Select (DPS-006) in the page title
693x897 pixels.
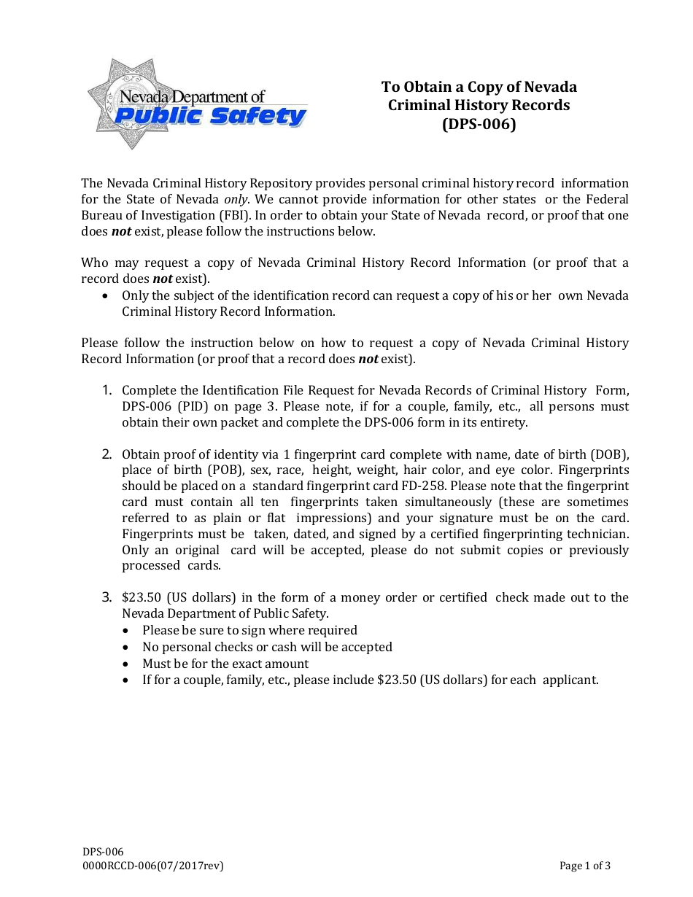(x=479, y=124)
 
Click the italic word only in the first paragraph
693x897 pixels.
(x=236, y=199)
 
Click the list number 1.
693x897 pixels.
(x=107, y=390)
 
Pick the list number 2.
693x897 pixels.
(x=107, y=454)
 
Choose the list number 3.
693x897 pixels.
(x=107, y=597)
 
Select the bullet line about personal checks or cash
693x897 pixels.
(x=267, y=647)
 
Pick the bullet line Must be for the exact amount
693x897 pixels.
(x=225, y=664)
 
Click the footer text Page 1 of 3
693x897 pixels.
(x=584, y=866)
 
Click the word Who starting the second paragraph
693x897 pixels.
(x=94, y=263)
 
